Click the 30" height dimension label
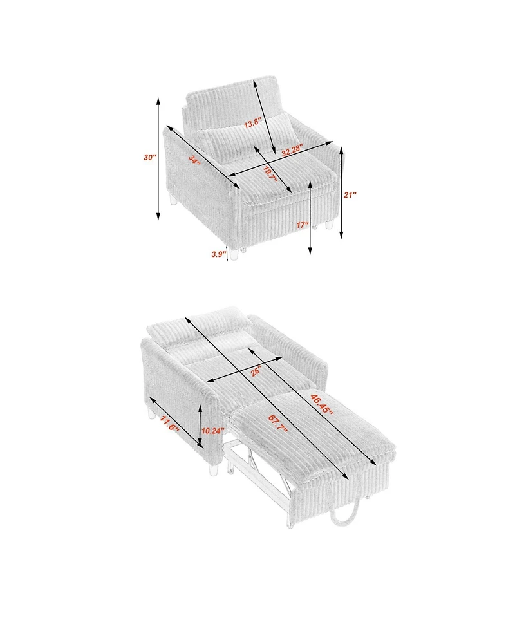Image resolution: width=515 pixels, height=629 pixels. click(151, 157)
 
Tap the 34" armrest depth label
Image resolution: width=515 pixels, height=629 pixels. click(194, 160)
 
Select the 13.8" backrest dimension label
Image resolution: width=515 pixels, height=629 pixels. click(253, 123)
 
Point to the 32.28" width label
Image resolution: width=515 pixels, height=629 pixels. click(292, 151)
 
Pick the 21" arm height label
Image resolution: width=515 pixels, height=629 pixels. click(350, 195)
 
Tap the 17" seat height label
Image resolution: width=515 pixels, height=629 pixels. click(303, 225)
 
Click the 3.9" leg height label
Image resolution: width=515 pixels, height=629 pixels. click(219, 254)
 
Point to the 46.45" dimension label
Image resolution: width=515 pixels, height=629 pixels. click(321, 405)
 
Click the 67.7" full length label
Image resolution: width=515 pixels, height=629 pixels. click(278, 424)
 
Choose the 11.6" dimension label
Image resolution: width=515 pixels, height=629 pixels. click(169, 424)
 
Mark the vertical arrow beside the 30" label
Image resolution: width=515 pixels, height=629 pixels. click(158, 158)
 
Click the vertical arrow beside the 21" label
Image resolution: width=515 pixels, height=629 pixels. click(341, 192)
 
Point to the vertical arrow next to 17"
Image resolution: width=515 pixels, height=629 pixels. click(310, 217)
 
